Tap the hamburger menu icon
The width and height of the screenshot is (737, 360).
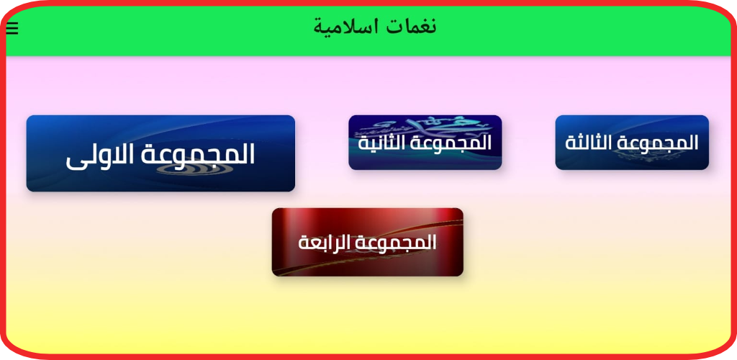(x=12, y=29)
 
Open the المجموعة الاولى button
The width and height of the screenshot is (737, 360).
(x=160, y=153)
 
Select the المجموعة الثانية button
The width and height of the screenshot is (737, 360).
(x=425, y=143)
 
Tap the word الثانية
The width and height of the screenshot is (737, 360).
(x=380, y=143)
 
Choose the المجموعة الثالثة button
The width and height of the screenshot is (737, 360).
(x=632, y=143)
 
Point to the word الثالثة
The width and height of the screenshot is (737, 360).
(x=586, y=143)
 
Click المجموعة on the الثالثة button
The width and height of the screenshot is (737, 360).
(x=655, y=143)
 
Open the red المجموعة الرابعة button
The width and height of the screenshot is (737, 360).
(x=368, y=242)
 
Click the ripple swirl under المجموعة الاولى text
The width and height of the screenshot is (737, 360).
(x=184, y=170)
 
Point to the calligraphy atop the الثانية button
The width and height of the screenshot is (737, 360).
(x=423, y=127)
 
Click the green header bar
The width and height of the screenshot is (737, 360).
(x=368, y=30)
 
